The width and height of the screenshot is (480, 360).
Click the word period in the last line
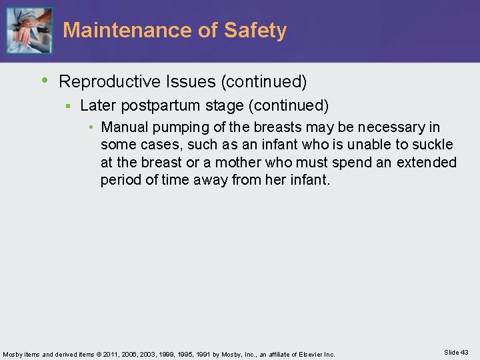(119, 179)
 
